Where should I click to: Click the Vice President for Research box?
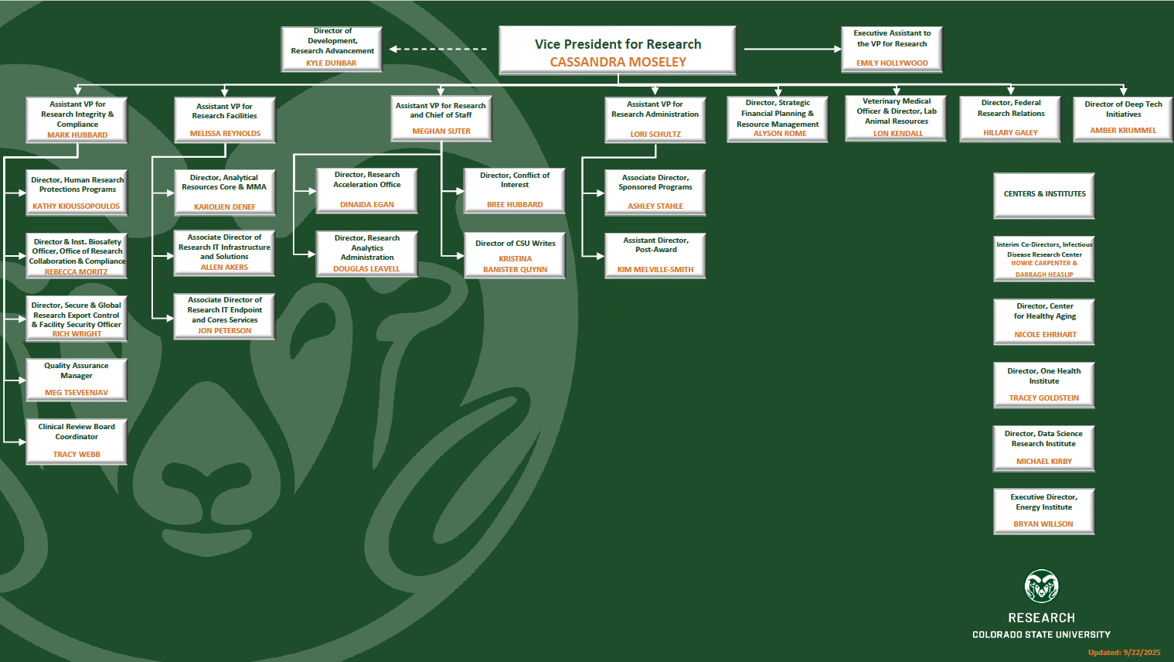618,50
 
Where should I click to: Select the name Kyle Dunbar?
331,63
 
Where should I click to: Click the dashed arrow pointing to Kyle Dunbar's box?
438,49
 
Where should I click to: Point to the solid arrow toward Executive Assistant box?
793,49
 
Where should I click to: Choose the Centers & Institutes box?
1044,195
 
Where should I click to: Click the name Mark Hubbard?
77,135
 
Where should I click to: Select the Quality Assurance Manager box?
77,379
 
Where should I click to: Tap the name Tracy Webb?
77,455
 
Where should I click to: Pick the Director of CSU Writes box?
515,254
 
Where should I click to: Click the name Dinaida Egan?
367,205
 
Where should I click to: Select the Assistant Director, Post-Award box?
655,255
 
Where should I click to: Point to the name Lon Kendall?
898,134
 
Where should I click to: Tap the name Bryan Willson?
1043,524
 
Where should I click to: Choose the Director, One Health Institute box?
1044,384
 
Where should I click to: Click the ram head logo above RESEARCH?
1041,587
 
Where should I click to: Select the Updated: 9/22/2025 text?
1124,653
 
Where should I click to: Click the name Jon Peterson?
224,331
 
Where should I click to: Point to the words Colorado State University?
1041,635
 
